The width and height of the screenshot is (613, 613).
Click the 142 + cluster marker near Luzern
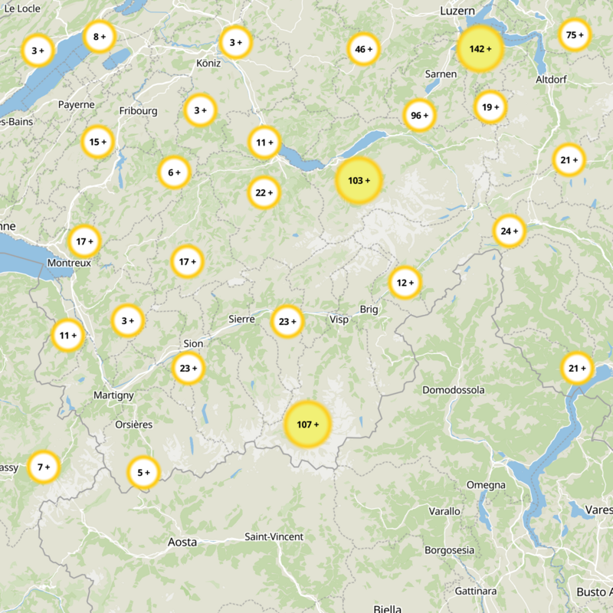pyautogui.click(x=480, y=49)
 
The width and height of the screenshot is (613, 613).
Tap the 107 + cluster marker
pyautogui.click(x=307, y=424)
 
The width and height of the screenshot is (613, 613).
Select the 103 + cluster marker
pyautogui.click(x=359, y=181)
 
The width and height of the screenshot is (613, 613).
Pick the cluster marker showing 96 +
pyautogui.click(x=419, y=116)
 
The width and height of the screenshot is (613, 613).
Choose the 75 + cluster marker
pyautogui.click(x=575, y=35)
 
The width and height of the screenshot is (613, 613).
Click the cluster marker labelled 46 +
pyautogui.click(x=363, y=50)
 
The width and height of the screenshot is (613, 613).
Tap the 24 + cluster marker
pyautogui.click(x=509, y=231)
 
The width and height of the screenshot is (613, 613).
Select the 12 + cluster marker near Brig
pyautogui.click(x=405, y=283)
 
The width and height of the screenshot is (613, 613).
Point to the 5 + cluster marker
pyautogui.click(x=143, y=473)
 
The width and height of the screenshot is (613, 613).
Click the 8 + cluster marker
pyautogui.click(x=99, y=37)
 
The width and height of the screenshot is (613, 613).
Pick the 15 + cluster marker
pyautogui.click(x=98, y=142)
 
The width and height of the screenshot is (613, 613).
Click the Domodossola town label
pyautogui.click(x=454, y=390)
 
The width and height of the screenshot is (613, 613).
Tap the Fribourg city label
pyautogui.click(x=138, y=111)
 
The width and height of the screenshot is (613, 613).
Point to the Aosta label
pyautogui.click(x=182, y=542)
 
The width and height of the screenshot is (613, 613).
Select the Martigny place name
pyautogui.click(x=113, y=395)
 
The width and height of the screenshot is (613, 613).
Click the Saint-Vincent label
pyautogui.click(x=274, y=536)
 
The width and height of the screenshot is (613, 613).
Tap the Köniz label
pyautogui.click(x=208, y=63)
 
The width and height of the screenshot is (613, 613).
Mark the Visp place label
pyautogui.click(x=339, y=320)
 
